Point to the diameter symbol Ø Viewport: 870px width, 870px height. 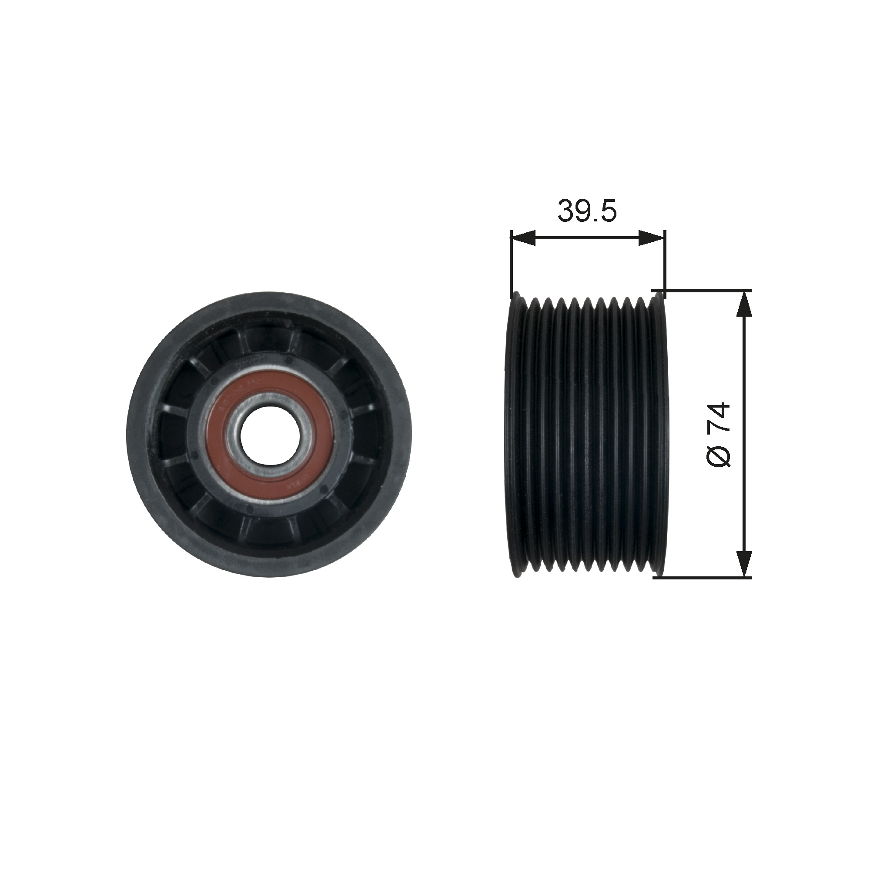pos(718,454)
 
